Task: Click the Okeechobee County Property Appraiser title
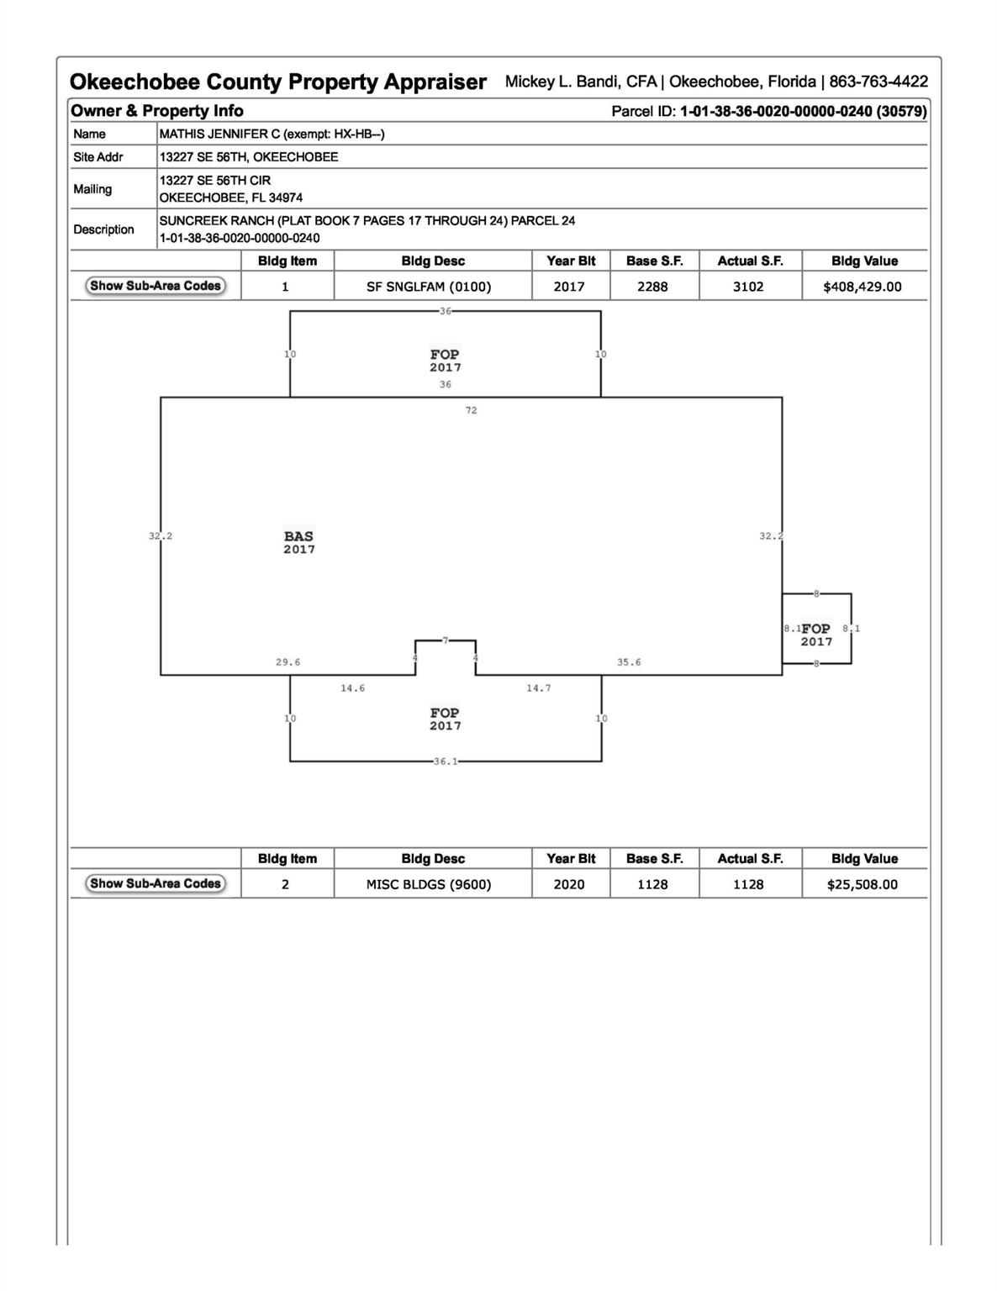(x=277, y=82)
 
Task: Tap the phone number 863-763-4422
(x=878, y=82)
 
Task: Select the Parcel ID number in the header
(x=803, y=111)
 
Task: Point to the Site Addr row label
(x=98, y=157)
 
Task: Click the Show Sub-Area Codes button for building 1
(x=156, y=286)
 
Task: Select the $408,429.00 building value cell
(x=862, y=287)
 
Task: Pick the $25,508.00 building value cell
(x=862, y=884)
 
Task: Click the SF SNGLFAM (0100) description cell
(x=429, y=287)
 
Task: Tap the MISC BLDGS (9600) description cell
(x=429, y=884)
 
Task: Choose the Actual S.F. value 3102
(x=748, y=287)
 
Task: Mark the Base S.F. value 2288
(x=652, y=287)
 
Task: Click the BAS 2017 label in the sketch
(x=299, y=542)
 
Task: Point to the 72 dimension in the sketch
(x=471, y=410)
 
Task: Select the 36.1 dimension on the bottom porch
(x=446, y=761)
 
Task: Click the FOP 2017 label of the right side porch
(x=816, y=635)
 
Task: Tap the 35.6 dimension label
(x=629, y=662)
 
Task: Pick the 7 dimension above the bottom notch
(x=446, y=640)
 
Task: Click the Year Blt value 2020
(x=569, y=884)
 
